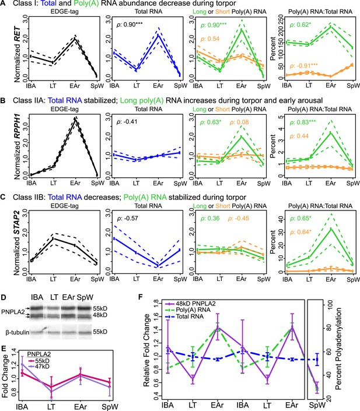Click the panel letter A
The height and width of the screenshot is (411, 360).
tap(3, 3)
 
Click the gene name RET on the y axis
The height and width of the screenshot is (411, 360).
tap(18, 34)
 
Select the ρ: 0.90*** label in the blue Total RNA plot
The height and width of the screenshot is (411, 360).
tap(130, 24)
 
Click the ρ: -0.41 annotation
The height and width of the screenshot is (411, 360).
tap(127, 122)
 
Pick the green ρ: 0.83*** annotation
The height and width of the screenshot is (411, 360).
tap(303, 122)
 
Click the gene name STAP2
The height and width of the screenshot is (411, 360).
tap(18, 224)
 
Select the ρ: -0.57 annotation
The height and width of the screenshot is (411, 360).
tap(128, 219)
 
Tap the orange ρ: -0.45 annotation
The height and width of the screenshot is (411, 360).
tap(239, 219)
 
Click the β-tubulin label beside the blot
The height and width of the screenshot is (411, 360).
tap(18, 332)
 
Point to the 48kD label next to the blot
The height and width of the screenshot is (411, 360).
tap(100, 315)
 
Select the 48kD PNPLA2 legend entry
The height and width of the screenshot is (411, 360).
tap(190, 304)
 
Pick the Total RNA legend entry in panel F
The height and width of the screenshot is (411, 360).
tap(184, 317)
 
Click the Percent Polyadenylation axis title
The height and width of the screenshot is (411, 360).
tap(338, 349)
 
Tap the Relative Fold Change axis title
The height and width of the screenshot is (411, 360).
tap(146, 350)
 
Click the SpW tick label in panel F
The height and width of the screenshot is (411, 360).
tap(317, 406)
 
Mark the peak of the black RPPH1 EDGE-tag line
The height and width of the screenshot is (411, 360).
tap(75, 119)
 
